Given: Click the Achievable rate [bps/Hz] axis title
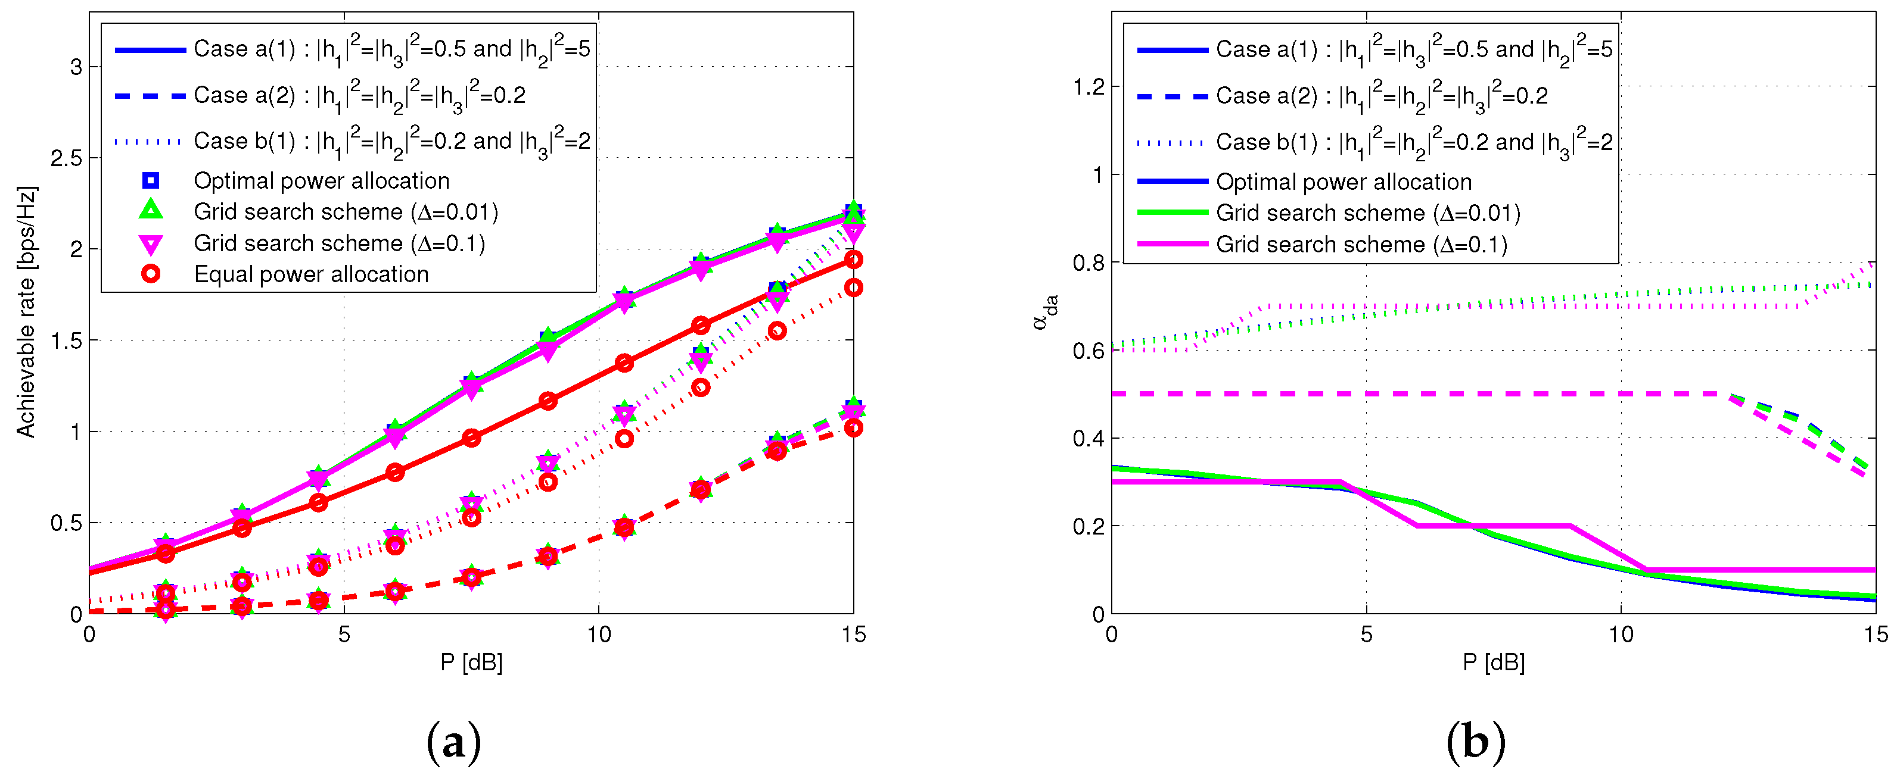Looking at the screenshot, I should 26,312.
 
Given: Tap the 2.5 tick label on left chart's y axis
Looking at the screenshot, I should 66,158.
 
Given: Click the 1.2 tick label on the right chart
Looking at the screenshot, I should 1088,87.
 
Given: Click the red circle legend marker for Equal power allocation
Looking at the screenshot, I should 150,274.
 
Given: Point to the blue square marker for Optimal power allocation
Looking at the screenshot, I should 150,180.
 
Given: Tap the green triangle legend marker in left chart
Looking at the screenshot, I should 150,211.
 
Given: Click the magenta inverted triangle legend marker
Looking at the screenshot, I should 150,243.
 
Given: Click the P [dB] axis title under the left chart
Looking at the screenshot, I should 471,662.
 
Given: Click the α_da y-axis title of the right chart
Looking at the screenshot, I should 1045,312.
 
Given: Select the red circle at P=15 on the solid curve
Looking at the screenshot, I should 853,260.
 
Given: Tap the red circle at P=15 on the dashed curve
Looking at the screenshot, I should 853,427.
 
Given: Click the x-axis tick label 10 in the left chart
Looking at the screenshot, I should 598,635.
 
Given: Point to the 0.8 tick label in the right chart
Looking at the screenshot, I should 1088,262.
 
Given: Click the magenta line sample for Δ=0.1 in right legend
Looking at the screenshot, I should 1173,243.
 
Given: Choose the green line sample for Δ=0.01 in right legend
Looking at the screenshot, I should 1173,212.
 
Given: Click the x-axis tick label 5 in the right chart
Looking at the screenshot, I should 1366,635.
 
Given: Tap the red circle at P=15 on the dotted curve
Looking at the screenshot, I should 853,287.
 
